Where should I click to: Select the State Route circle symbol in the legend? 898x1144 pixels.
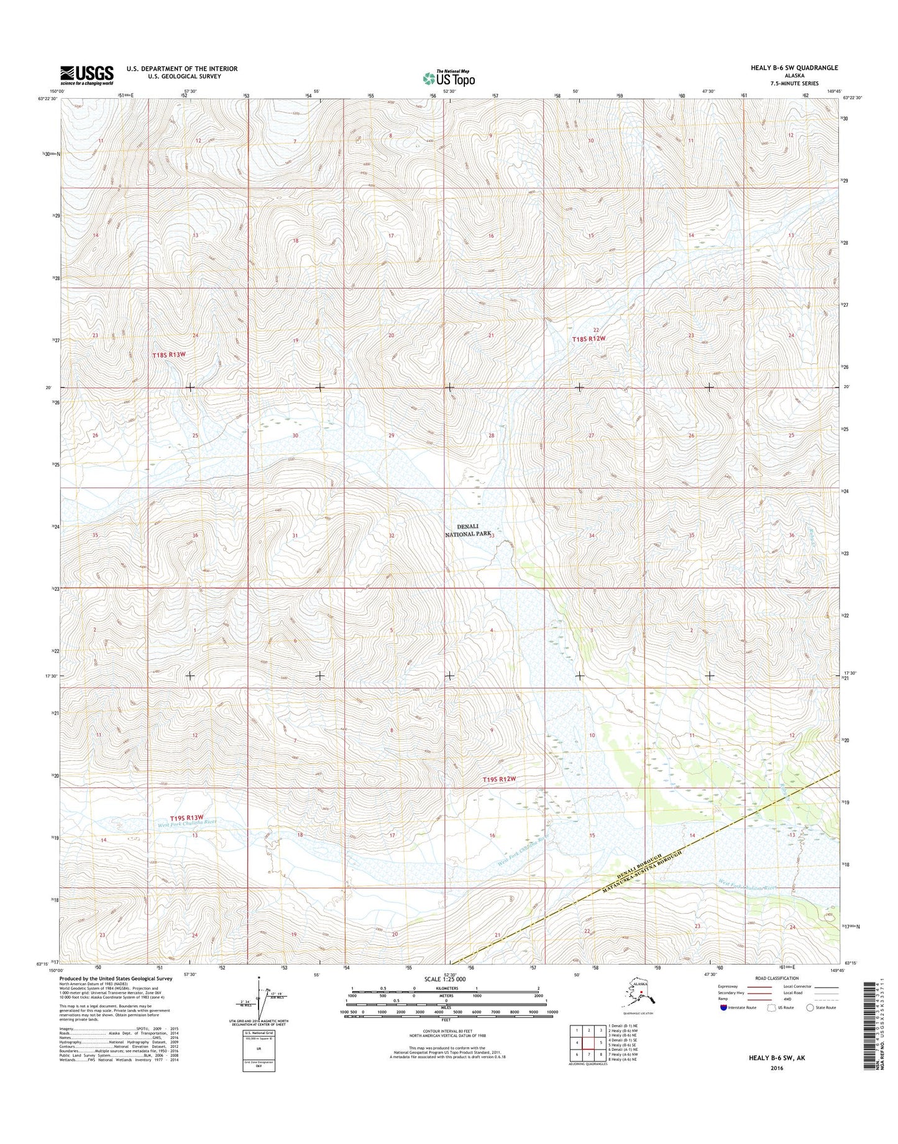(x=810, y=1025)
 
